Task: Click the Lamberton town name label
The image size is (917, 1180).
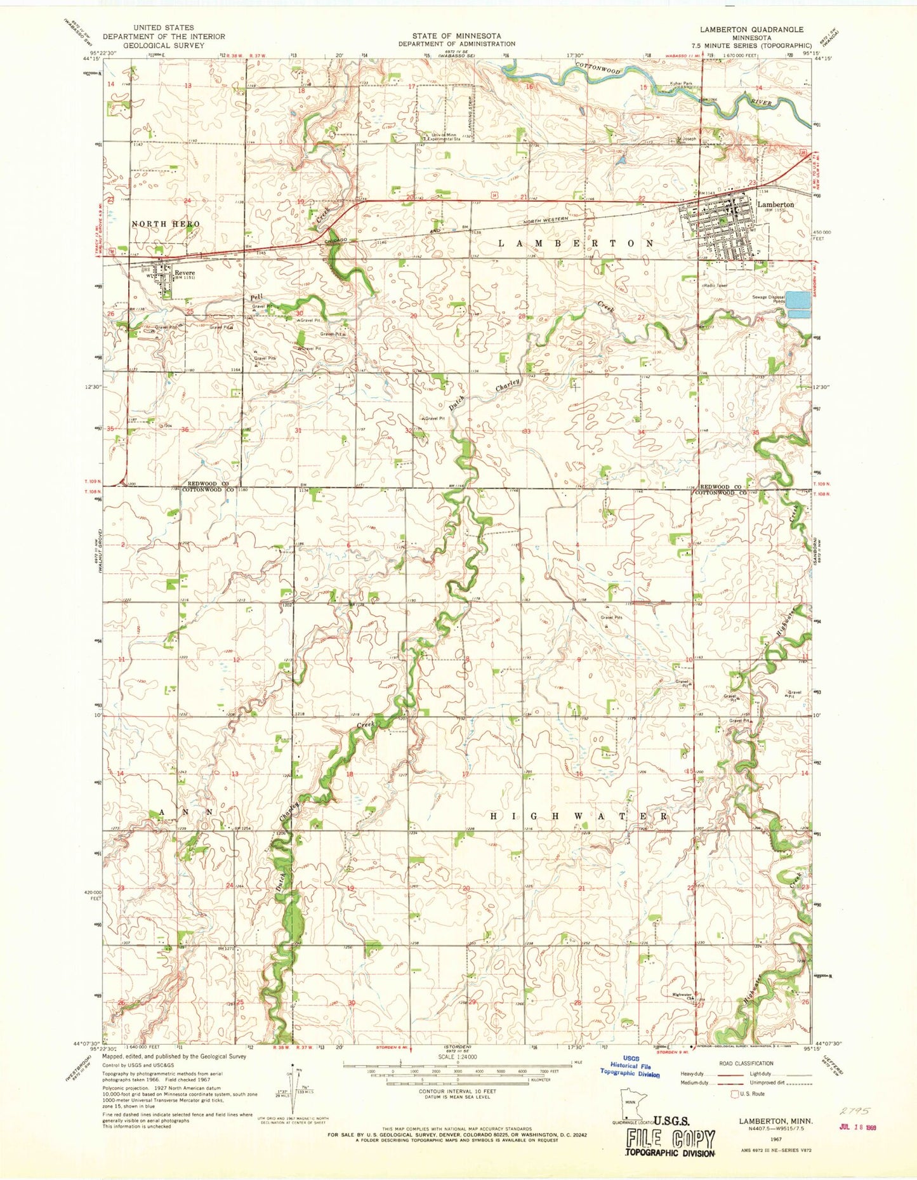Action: [x=775, y=205]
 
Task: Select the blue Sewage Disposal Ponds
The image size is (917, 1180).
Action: [x=798, y=305]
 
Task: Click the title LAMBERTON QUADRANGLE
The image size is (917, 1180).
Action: [x=751, y=29]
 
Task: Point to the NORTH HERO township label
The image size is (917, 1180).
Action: [x=166, y=224]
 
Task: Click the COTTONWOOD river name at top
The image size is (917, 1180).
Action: [x=597, y=69]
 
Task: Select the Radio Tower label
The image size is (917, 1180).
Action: [x=716, y=286]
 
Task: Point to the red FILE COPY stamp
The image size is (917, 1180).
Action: [x=670, y=1139]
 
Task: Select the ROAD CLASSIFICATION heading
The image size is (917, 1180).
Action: [x=746, y=1063]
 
